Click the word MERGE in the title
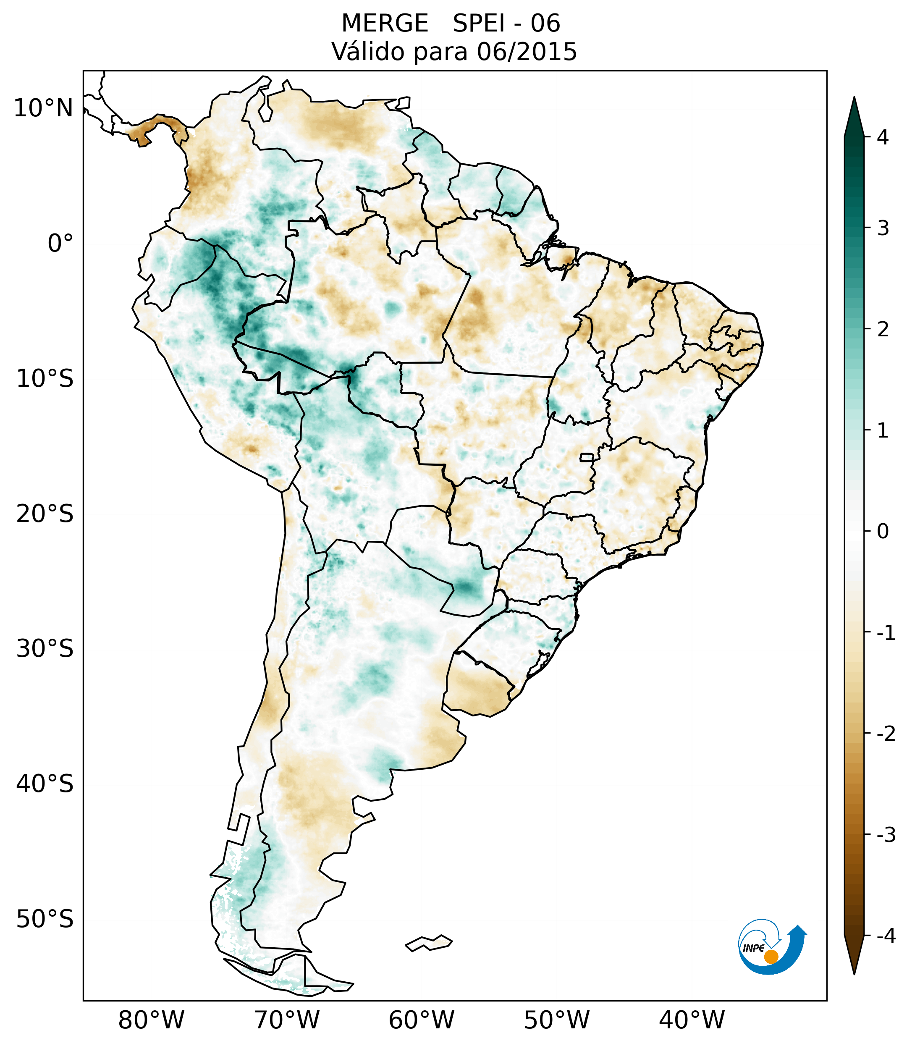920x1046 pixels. point(384,24)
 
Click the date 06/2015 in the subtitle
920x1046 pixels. point(527,52)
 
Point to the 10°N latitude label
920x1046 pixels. point(44,108)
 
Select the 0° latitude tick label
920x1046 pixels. point(60,244)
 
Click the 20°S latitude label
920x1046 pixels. point(45,514)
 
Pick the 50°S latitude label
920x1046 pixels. point(45,919)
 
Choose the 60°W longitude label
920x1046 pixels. point(421,1020)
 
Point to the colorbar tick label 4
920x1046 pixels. point(883,137)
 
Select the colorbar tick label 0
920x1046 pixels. point(883,532)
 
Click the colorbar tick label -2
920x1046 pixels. point(886,734)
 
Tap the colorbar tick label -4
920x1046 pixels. point(886,936)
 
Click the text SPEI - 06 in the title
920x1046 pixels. point(506,24)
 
